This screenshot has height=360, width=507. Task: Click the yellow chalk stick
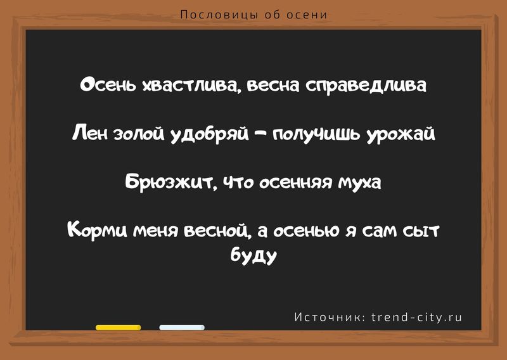(118, 328)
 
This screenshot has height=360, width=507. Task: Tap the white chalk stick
(182, 328)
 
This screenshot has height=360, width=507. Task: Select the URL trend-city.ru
(417, 318)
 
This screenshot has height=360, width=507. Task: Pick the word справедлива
(366, 86)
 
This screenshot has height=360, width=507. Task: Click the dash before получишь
(261, 134)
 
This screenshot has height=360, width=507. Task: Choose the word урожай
(401, 134)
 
